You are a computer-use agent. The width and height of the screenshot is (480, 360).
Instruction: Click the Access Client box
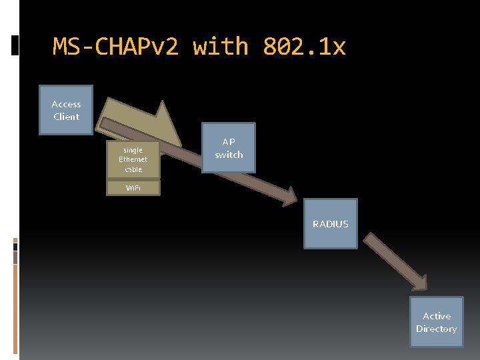[x=66, y=110]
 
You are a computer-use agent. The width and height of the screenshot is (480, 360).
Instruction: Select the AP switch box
[x=229, y=148]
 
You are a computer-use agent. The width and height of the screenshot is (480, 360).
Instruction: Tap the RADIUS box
[x=331, y=224]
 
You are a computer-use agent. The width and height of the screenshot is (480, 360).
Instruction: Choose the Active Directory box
[x=436, y=323]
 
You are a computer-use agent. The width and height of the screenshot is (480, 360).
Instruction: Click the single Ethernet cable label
[x=133, y=160]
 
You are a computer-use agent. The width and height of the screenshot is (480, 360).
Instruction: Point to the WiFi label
[x=133, y=188]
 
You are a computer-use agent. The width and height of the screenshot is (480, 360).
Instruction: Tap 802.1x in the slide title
[x=304, y=47]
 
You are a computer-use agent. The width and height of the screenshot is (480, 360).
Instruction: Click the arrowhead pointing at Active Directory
[x=419, y=281]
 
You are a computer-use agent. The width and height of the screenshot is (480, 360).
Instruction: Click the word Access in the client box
[x=66, y=104]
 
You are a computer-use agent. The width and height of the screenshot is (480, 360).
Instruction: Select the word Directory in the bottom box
[x=436, y=329]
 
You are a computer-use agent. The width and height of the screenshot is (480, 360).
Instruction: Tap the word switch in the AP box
[x=229, y=155]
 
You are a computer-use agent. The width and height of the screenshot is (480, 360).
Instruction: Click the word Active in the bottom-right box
[x=436, y=316]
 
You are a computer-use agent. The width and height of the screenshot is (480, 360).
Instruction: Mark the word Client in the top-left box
[x=66, y=117]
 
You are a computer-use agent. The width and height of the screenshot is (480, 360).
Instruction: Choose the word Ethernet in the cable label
[x=133, y=160]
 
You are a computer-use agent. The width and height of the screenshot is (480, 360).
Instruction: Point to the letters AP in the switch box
[x=229, y=142]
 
